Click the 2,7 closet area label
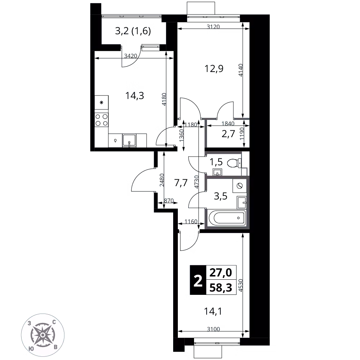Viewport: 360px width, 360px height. (228, 134)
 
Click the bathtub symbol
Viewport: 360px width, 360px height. (226, 218)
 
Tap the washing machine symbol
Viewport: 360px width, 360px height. (240, 186)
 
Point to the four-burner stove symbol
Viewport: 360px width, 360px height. (101, 120)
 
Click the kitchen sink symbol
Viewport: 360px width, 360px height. (129, 140)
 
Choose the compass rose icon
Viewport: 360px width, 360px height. (42, 335)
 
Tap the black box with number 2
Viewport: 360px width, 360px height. (198, 280)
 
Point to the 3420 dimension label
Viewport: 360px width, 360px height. (130, 56)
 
